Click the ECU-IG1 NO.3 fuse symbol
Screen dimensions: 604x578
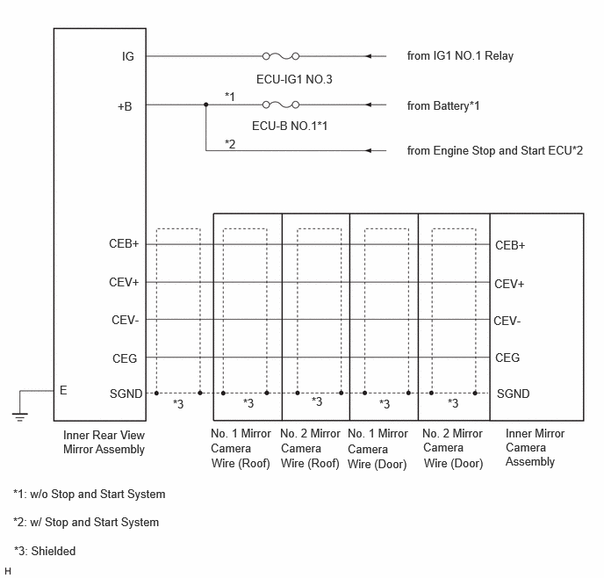coord(281,56)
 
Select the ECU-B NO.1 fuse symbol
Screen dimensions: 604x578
coord(281,105)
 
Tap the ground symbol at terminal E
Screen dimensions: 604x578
coord(19,417)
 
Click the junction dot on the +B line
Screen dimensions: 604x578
coord(206,105)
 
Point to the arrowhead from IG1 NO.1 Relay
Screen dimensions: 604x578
coord(369,56)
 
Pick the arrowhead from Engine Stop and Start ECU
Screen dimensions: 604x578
coord(369,151)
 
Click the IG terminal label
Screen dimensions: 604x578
coord(128,56)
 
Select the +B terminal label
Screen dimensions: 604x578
coord(125,106)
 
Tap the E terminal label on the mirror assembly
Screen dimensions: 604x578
coord(63,390)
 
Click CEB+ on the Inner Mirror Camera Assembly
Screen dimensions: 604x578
coord(510,245)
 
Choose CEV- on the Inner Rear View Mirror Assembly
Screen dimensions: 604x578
coord(126,321)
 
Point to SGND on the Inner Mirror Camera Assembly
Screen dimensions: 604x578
coord(513,394)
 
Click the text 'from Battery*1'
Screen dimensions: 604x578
coord(443,106)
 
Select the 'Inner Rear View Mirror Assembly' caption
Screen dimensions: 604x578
coord(104,443)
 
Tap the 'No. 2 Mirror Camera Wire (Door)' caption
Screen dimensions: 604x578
coord(453,449)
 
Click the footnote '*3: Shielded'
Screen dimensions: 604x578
coord(45,551)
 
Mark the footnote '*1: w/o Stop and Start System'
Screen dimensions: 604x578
coord(90,494)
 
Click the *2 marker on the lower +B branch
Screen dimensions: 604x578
coord(230,144)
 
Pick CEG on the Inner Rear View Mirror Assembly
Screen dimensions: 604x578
coord(125,358)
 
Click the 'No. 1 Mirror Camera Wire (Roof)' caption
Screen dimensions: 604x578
coord(241,449)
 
